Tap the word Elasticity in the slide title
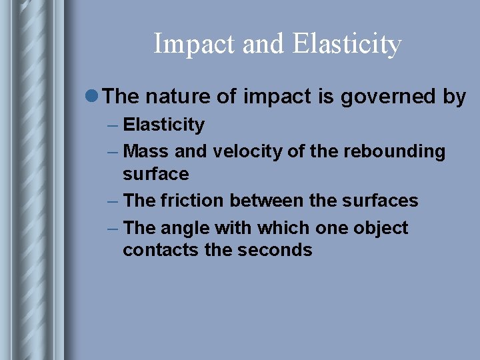coord(347,45)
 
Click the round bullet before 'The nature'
coord(94,97)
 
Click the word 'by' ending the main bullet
coord(454,97)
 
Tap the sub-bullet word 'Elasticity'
coord(164,125)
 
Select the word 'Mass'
coord(146,152)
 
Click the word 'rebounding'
coord(394,152)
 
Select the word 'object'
coord(380,228)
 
